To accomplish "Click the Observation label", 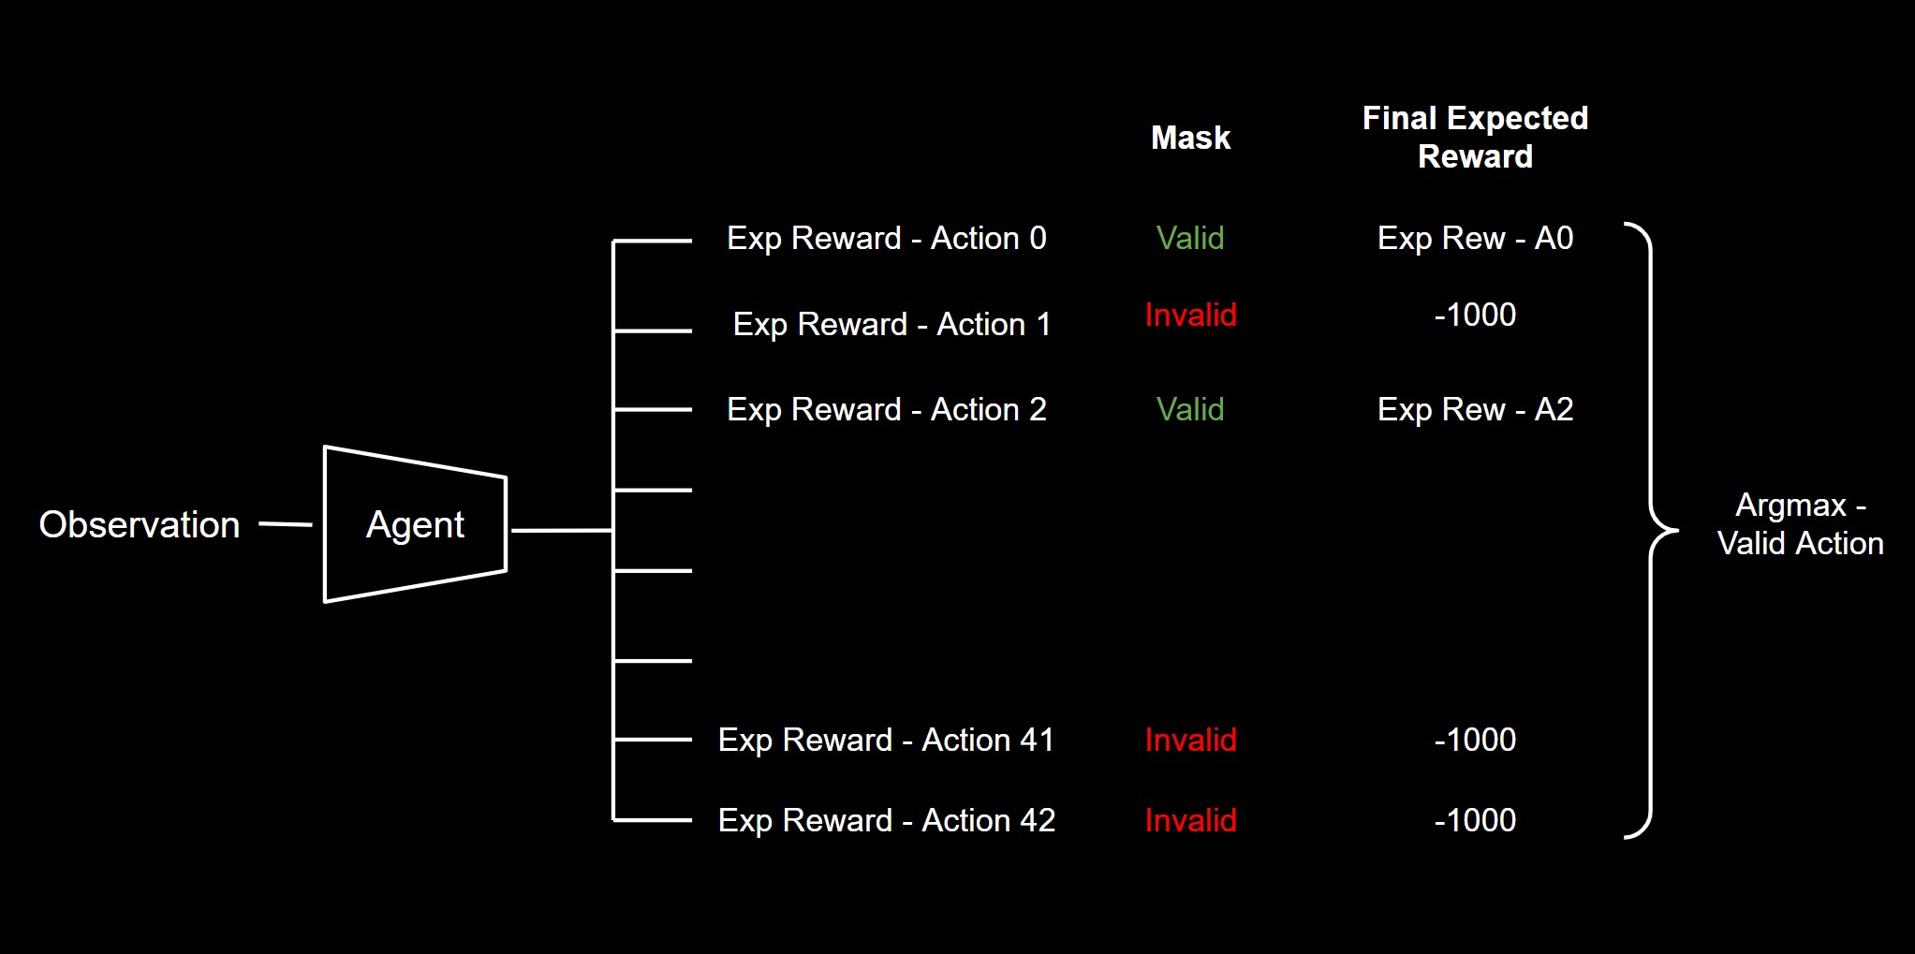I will pos(140,525).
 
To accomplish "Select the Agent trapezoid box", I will pos(415,525).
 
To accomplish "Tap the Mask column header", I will pos(1190,138).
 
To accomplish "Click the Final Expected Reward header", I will pos(1475,137).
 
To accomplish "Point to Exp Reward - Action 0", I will pos(886,239).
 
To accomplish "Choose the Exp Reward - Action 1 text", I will pos(891,325).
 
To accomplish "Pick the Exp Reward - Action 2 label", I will pos(886,410).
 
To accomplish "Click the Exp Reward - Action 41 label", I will pos(886,741).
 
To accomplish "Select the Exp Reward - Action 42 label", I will pos(886,821).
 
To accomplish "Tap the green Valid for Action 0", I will pos(1190,239).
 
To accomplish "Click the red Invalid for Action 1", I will pos(1190,316).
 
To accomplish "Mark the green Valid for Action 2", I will pos(1190,410).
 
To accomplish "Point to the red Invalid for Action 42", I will pos(1190,821).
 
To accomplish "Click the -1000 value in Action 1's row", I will pos(1475,316).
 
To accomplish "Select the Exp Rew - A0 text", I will pos(1475,239).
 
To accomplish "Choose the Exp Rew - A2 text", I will pos(1475,410).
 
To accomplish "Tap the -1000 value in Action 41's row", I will pos(1475,741).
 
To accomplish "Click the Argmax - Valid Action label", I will pos(1800,524).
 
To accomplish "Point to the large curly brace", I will pos(1651,530).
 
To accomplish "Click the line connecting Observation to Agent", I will pos(285,524).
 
